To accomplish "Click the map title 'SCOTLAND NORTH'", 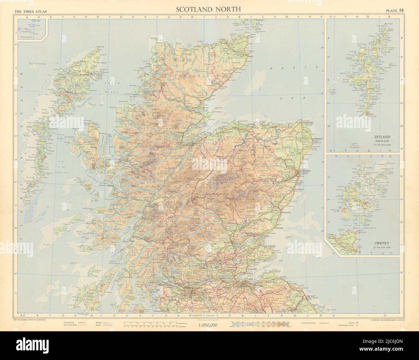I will coord(208,9).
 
